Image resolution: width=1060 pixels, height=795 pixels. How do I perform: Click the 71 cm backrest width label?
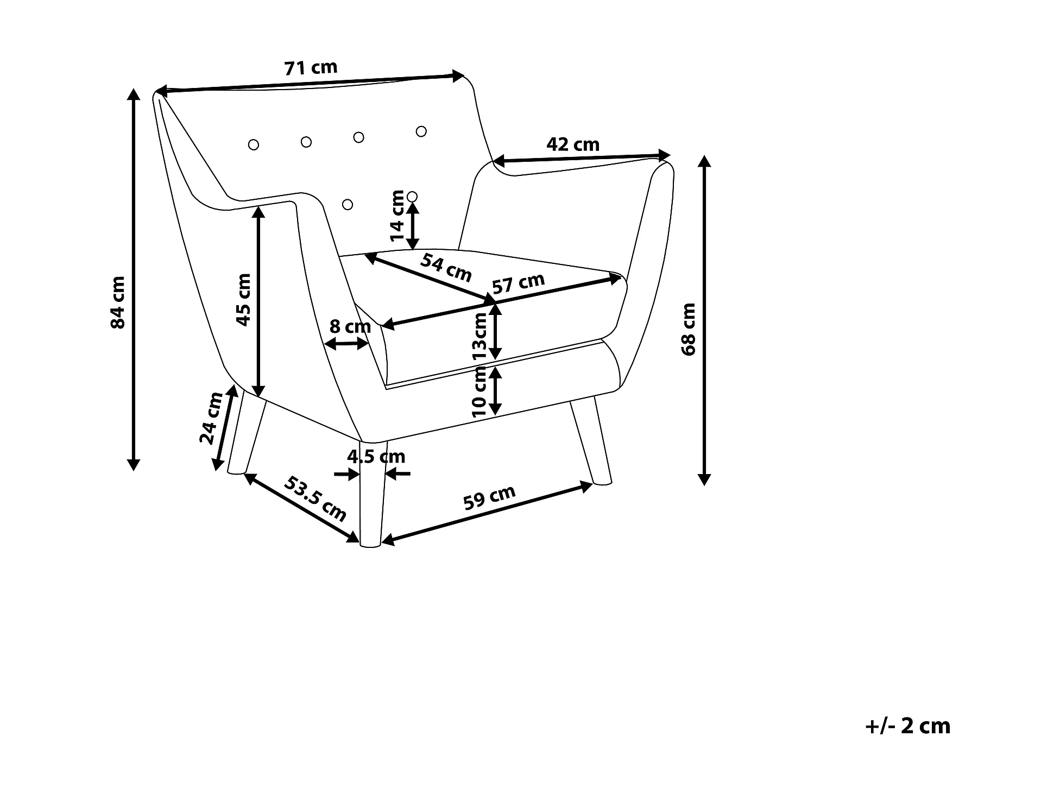coord(311,68)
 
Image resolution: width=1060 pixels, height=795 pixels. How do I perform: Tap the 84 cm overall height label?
coord(118,302)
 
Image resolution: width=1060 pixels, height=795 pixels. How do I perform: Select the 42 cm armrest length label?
coord(573,144)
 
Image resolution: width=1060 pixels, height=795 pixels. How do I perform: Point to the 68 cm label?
coord(688,329)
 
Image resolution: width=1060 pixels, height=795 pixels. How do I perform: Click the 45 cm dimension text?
coord(243,299)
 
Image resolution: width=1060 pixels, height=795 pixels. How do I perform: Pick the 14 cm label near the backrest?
coord(398,216)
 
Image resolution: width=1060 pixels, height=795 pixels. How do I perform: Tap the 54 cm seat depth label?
coord(446,268)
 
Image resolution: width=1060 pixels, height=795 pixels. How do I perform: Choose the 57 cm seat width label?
coord(518,283)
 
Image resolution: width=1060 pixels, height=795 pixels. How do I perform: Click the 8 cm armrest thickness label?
coord(350,326)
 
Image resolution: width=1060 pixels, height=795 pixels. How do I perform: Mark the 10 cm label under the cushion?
coord(479,391)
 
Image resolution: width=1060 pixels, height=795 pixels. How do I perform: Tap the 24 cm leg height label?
coord(211,418)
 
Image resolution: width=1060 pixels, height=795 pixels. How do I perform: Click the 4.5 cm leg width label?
coord(376,457)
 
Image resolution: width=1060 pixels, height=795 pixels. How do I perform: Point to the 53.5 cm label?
coord(316,499)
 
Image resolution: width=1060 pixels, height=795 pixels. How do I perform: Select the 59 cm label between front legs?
coord(489,498)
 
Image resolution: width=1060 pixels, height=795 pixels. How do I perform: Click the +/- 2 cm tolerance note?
coord(907,726)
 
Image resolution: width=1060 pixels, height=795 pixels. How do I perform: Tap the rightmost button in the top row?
coord(421,131)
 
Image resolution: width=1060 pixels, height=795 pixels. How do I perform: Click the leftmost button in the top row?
coord(253,144)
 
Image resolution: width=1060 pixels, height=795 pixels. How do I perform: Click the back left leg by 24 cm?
coord(246,431)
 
